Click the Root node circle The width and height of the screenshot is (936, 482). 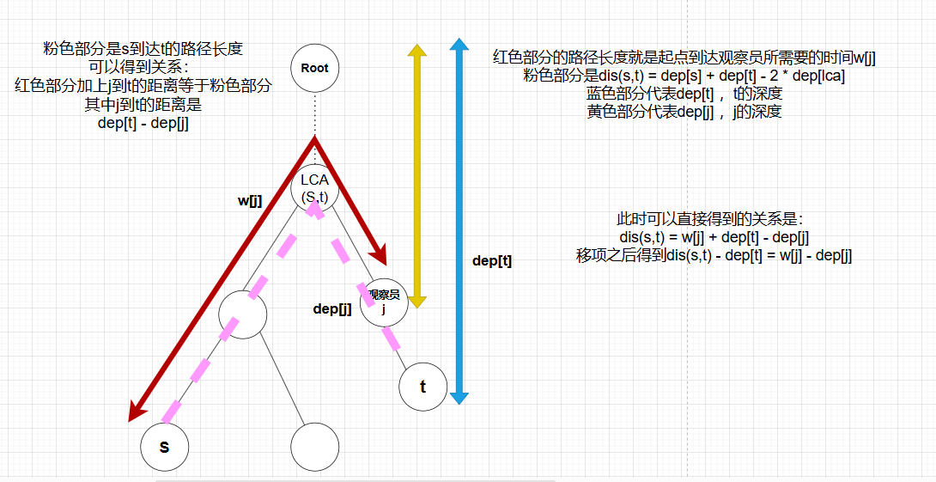click(315, 68)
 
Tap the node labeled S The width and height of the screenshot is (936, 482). click(165, 448)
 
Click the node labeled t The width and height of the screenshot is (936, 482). click(423, 386)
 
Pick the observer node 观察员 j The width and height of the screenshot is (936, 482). click(384, 302)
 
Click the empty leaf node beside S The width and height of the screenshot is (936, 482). click(315, 448)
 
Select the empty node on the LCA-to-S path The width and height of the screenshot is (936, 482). click(243, 314)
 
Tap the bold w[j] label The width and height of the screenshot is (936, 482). click(250, 201)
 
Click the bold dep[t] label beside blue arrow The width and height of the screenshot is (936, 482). click(492, 261)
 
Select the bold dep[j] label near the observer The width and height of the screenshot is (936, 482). click(332, 309)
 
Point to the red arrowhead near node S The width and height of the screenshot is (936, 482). click(136, 413)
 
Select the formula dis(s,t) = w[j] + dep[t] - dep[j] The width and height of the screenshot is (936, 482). click(714, 237)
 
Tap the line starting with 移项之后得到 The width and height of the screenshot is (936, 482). click(714, 255)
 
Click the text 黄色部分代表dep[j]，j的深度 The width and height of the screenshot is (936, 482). click(684, 111)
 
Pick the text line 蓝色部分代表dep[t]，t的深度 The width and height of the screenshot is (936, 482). click(684, 93)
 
